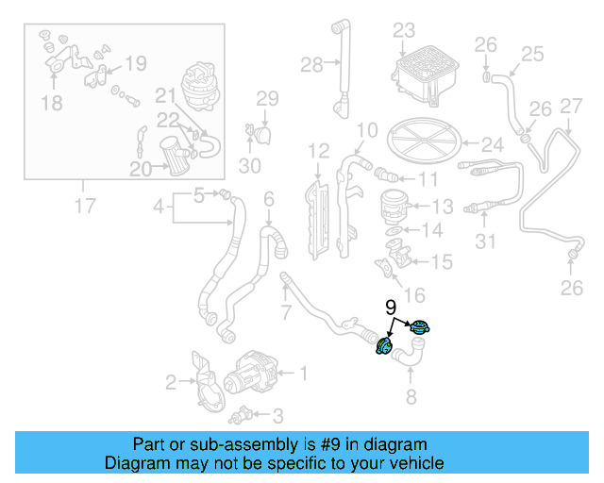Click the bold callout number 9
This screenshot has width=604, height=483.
[x=390, y=307]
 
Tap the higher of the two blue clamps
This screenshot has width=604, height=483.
[x=418, y=328]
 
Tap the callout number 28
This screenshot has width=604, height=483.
[x=311, y=64]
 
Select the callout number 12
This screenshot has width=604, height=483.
[x=318, y=150]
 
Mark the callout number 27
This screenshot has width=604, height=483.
[x=571, y=106]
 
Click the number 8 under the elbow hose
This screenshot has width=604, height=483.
[x=411, y=397]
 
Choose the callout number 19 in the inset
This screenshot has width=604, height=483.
[x=136, y=64]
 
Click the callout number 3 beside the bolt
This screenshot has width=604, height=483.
[x=277, y=415]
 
